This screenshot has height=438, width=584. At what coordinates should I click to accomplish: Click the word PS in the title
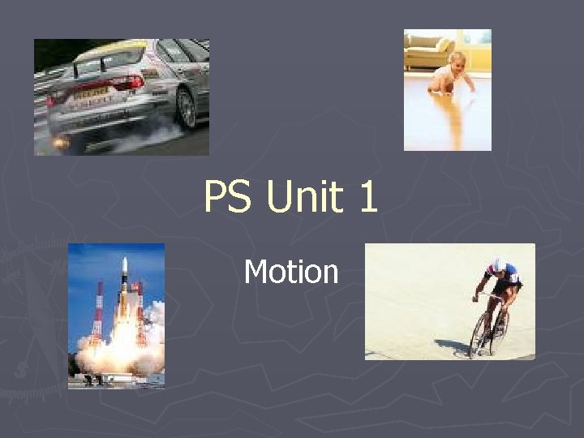tap(227, 196)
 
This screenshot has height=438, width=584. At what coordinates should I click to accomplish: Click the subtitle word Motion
tap(291, 271)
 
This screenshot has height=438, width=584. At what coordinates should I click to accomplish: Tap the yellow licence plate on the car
tap(89, 95)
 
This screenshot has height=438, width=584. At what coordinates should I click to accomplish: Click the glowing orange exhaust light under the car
tap(60, 143)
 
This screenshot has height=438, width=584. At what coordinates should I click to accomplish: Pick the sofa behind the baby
tap(429, 53)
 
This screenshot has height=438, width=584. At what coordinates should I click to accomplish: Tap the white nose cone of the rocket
tap(123, 264)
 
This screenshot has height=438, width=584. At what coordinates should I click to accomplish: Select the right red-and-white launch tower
tap(140, 308)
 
